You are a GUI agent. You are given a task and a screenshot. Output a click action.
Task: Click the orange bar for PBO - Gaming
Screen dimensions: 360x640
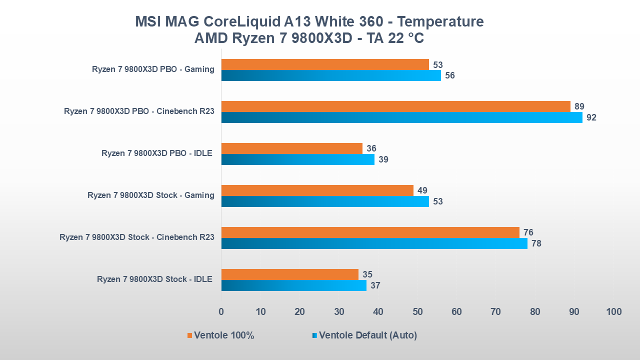(x=325, y=64)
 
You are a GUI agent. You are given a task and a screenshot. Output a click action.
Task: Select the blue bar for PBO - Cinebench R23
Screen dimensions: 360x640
(x=401, y=117)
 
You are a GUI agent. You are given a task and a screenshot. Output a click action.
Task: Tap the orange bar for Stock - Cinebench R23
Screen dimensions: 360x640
(x=370, y=232)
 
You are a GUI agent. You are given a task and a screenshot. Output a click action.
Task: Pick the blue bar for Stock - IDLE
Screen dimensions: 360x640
(x=293, y=285)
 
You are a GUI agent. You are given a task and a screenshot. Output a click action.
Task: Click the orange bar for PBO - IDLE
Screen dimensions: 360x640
(x=291, y=148)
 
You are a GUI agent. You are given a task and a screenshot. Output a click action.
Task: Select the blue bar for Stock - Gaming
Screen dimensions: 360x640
(x=325, y=201)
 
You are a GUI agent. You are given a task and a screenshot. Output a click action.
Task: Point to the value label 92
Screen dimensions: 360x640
(x=591, y=118)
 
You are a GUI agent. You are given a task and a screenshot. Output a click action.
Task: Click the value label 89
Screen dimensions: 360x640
(x=579, y=106)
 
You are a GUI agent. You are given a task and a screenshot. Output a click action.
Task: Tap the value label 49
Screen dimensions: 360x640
(x=422, y=190)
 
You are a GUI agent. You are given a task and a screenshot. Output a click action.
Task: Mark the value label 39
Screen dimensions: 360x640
(x=383, y=160)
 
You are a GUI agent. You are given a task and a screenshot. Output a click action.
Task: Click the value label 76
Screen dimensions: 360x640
(x=528, y=232)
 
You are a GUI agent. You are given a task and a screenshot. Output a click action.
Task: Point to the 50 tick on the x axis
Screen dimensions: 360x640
(x=417, y=312)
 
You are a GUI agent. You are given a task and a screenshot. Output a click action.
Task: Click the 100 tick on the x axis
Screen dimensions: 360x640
(x=613, y=312)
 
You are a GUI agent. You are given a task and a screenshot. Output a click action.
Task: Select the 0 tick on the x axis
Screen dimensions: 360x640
(x=221, y=312)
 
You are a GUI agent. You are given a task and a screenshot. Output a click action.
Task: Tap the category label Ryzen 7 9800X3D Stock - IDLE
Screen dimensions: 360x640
(x=154, y=279)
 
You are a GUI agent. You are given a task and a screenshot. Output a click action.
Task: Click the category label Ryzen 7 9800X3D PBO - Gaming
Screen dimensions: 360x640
(x=153, y=69)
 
